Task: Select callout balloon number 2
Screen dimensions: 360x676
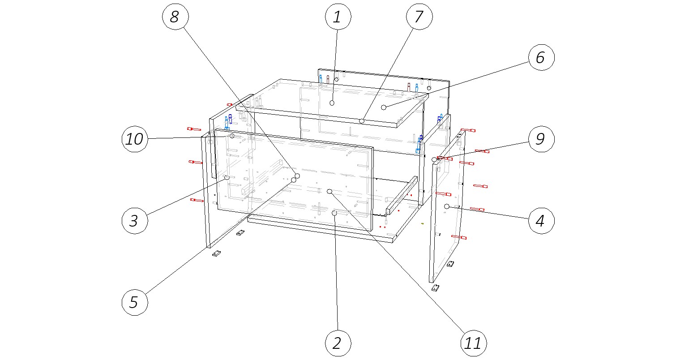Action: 338,343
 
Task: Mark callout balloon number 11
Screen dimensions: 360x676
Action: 474,343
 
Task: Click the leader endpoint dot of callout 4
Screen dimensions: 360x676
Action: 447,206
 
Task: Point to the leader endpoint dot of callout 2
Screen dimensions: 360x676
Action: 334,214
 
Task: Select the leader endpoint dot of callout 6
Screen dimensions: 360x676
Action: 384,107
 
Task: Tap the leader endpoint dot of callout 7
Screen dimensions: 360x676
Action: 361,121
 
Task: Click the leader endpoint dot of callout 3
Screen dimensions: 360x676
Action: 227,178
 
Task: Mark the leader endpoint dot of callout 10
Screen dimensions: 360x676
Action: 232,136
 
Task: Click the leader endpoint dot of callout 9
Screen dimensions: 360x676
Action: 434,159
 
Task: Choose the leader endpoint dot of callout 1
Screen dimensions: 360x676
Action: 332,103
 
